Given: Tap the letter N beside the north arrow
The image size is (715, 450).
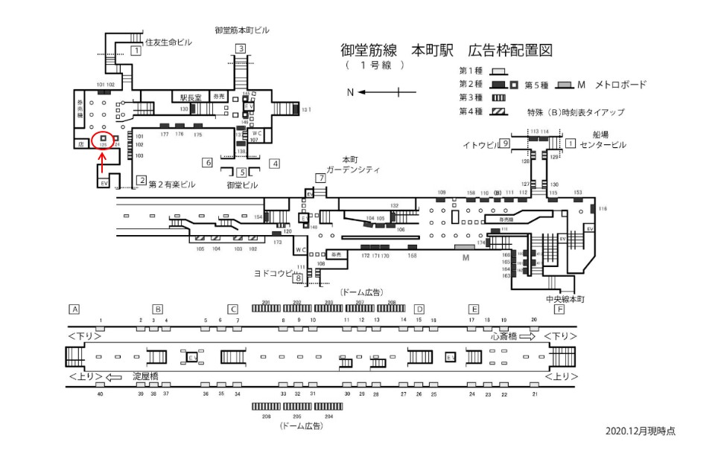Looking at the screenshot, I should pos(349,91).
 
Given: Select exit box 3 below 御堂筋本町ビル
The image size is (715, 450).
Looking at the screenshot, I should pos(241,49).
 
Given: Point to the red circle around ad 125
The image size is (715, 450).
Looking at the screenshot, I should pos(103,138).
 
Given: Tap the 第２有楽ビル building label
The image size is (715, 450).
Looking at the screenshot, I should pos(171,183).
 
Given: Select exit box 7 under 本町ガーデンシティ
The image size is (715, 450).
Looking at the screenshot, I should pos(320,179).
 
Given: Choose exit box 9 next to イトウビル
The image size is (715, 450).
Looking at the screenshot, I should pos(504,143).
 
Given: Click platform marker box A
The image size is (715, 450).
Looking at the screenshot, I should pos(74,309).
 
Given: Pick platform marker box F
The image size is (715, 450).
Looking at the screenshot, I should pos(559,309).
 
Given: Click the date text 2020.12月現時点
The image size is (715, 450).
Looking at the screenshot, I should pos(640,431).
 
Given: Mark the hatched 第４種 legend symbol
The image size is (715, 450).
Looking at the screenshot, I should pos(498,112).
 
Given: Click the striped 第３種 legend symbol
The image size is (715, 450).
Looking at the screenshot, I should pos(498,98).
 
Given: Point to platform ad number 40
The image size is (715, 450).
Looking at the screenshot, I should pos(100,393).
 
